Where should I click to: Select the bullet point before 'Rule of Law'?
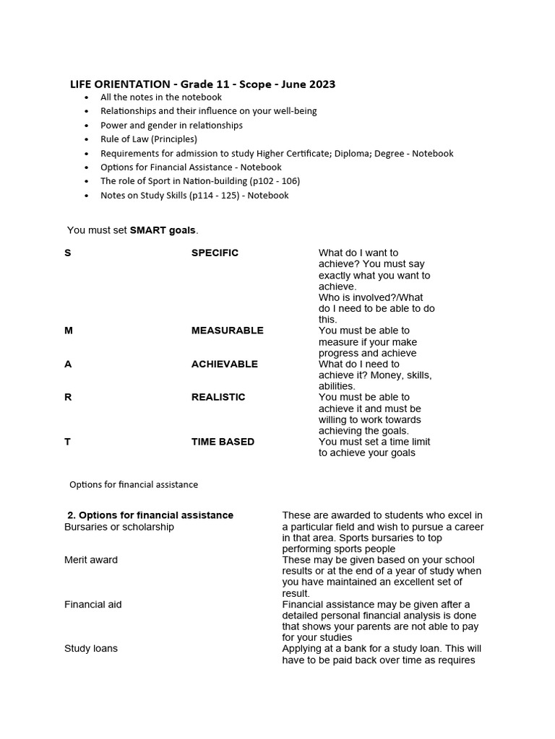(87, 139)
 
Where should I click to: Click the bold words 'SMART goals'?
(163, 230)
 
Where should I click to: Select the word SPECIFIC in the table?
(215, 253)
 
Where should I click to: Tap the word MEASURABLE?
(227, 331)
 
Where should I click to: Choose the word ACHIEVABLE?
(224, 364)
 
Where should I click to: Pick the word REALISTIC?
(218, 398)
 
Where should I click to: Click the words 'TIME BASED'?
(223, 442)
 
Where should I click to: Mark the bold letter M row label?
(69, 331)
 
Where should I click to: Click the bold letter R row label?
(68, 398)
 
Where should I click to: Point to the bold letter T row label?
(68, 442)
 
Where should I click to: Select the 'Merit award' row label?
(91, 560)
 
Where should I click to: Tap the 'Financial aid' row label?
(93, 605)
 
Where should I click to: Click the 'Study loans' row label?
(91, 649)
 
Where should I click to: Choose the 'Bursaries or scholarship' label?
(119, 527)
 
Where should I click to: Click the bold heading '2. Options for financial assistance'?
(150, 515)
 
